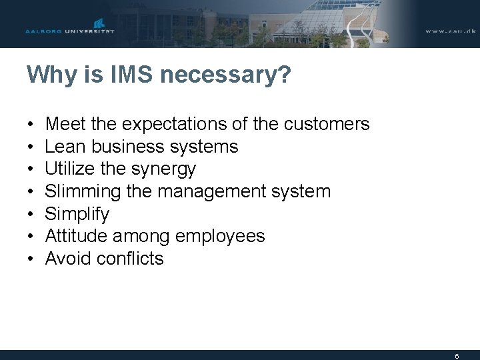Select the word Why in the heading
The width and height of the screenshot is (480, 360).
click(x=47, y=75)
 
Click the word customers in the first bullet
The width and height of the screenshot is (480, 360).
click(x=326, y=124)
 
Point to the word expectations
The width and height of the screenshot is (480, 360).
click(x=170, y=125)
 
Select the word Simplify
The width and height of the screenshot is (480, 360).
click(x=77, y=215)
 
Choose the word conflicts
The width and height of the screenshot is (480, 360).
click(x=130, y=259)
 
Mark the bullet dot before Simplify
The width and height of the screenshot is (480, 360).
click(x=31, y=215)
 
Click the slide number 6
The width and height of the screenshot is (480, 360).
click(x=457, y=356)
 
